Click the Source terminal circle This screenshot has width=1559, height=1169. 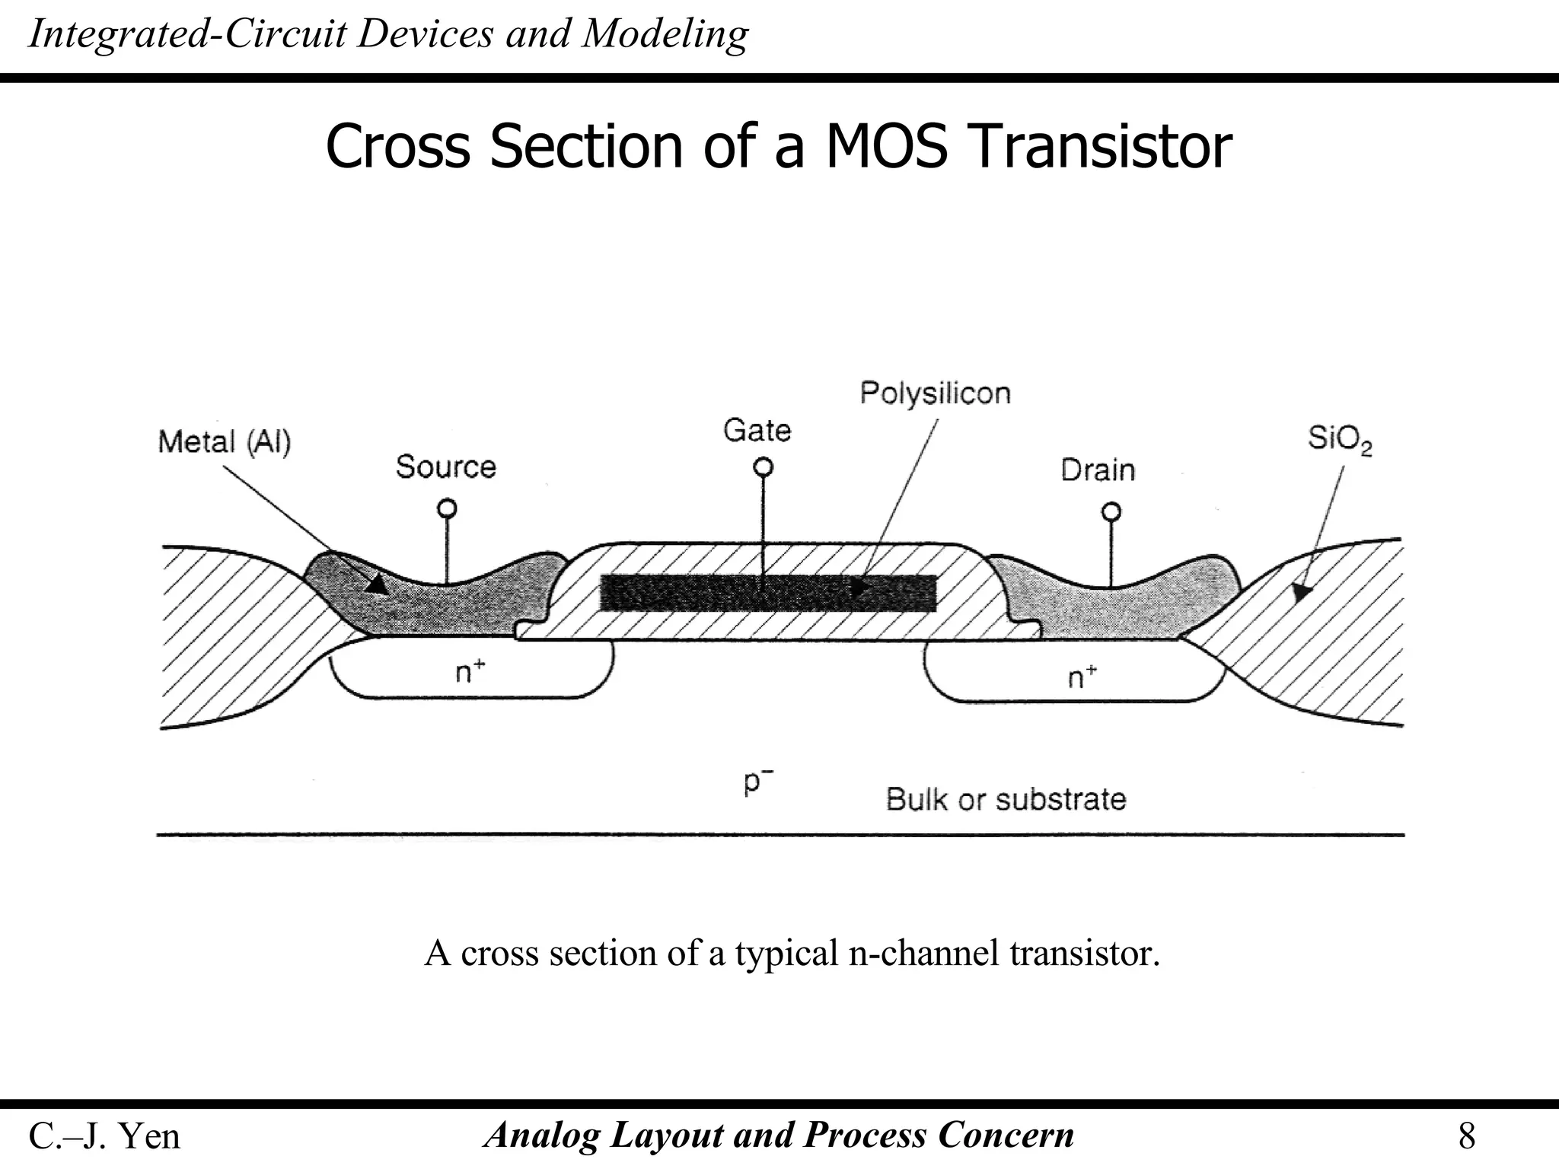pos(448,508)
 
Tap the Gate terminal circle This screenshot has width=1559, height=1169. pos(763,467)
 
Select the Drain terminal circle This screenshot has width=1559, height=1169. pos(1111,511)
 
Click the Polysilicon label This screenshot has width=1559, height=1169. pos(935,393)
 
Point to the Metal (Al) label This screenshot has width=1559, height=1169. pos(225,441)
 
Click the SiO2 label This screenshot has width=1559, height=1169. pos(1339,439)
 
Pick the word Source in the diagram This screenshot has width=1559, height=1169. pos(445,467)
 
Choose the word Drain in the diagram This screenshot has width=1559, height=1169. pos(1098,470)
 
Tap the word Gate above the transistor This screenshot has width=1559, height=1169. pos(757,431)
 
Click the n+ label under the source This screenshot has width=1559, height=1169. pos(470,671)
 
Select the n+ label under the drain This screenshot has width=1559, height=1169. pos(1082,676)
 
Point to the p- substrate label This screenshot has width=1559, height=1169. pos(758,782)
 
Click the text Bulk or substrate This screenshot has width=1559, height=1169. pos(1006,799)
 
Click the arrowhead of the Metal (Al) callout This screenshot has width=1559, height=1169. pos(377,584)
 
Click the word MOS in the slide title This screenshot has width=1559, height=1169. pos(886,146)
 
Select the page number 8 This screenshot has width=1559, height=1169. pos(1466,1136)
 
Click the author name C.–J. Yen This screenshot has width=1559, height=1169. pos(104,1136)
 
